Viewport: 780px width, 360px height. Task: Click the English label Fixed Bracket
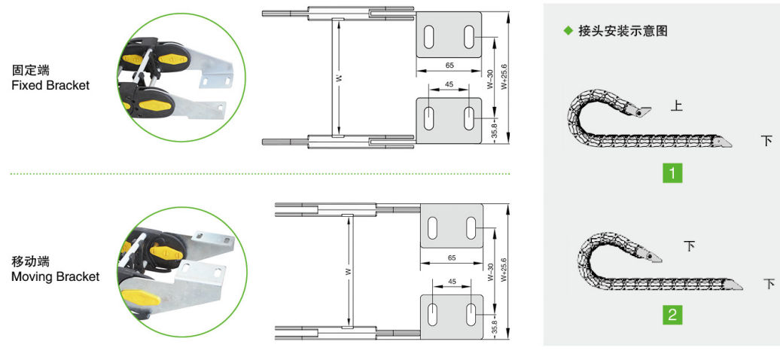50,85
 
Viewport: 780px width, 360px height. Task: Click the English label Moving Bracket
55,276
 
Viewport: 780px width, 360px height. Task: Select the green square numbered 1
672,173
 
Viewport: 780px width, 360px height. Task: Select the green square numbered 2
672,315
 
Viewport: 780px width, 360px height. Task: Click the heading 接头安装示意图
623,31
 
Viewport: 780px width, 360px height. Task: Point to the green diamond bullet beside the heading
568,31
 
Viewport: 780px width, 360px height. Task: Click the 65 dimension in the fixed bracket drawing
449,66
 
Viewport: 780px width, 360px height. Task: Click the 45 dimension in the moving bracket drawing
452,282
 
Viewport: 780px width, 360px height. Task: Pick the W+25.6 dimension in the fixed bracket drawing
504,77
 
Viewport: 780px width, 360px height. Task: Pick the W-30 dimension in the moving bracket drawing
491,273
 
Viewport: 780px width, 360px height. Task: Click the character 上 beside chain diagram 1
677,106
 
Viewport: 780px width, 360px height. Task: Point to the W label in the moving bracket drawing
349,272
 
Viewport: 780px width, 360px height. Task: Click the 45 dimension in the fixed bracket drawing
449,84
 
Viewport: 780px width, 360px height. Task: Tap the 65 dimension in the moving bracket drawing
452,258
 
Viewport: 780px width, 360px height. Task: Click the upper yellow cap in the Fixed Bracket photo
134,59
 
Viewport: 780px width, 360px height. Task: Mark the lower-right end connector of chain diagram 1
724,142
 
